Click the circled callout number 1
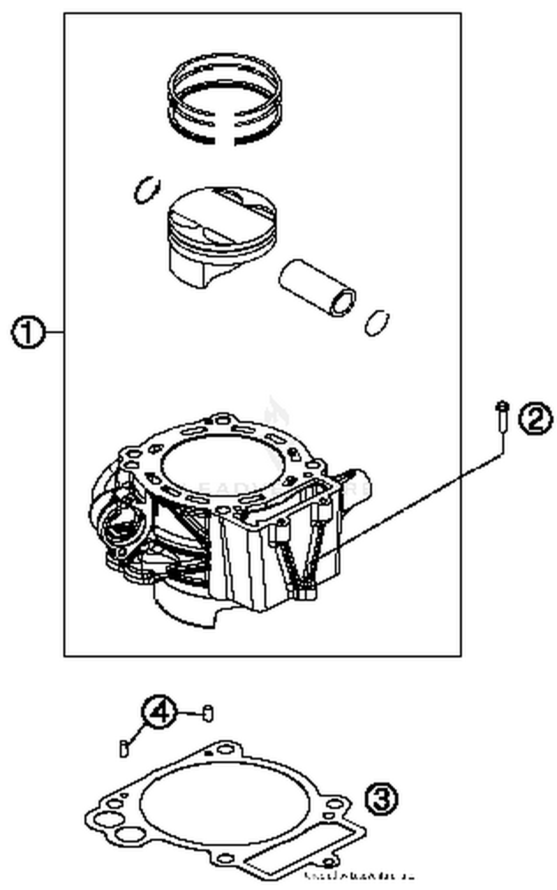[x=28, y=332]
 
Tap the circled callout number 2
[x=535, y=418]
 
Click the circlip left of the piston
[x=147, y=190]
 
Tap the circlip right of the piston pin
[x=377, y=323]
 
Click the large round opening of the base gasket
[x=225, y=802]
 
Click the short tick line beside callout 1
[x=55, y=332]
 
